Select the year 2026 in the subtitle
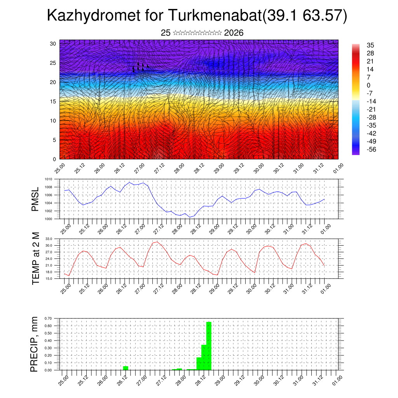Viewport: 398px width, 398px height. tap(234, 33)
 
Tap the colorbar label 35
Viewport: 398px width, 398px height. tap(370, 45)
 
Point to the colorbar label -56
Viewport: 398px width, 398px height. tap(371, 149)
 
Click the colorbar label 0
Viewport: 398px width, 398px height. tap(368, 86)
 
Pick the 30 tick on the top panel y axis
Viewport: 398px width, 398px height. tap(53, 44)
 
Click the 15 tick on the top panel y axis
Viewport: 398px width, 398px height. tap(53, 101)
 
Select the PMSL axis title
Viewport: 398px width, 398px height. tap(36, 199)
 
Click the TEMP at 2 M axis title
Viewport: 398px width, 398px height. tap(36, 258)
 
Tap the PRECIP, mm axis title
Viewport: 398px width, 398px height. tap(36, 344)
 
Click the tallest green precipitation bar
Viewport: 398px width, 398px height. tap(209, 346)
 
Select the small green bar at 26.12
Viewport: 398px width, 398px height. tap(126, 368)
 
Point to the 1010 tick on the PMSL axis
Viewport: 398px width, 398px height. tap(49, 179)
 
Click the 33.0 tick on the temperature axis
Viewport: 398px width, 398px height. tap(49, 239)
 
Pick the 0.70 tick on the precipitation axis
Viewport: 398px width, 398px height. tap(48, 318)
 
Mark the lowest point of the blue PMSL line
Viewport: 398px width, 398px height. tap(190, 217)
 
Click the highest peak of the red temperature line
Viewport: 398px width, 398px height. tap(157, 241)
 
